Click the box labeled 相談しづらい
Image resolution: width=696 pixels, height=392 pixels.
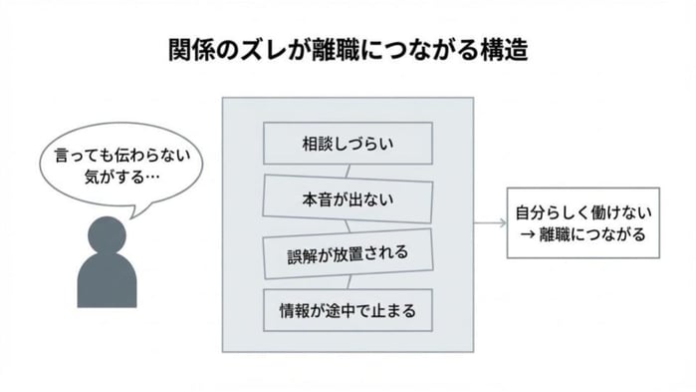(347, 143)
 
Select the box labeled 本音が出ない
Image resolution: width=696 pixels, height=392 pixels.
(347, 198)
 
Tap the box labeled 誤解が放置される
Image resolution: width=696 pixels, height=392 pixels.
(347, 253)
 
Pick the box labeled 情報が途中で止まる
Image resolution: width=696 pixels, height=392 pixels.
(347, 311)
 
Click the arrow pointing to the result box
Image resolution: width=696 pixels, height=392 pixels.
(487, 223)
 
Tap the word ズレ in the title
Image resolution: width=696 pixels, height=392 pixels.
(252, 49)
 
